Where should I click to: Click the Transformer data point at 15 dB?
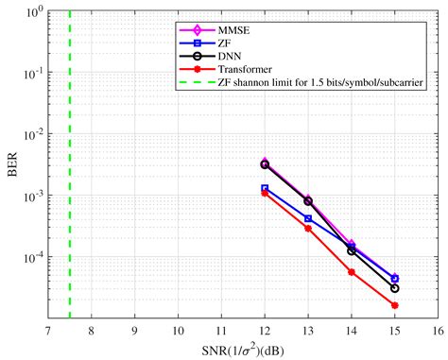(x=394, y=305)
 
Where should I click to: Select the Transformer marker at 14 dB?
(x=351, y=272)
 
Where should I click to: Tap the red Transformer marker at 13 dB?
(x=308, y=228)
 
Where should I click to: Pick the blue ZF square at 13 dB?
(x=308, y=218)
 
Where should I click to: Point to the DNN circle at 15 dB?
(x=394, y=288)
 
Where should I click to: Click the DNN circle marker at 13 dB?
(x=308, y=201)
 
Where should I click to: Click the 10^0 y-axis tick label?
(x=30, y=13)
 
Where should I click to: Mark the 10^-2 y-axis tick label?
(x=29, y=135)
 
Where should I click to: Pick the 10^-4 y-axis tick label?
(x=29, y=257)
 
